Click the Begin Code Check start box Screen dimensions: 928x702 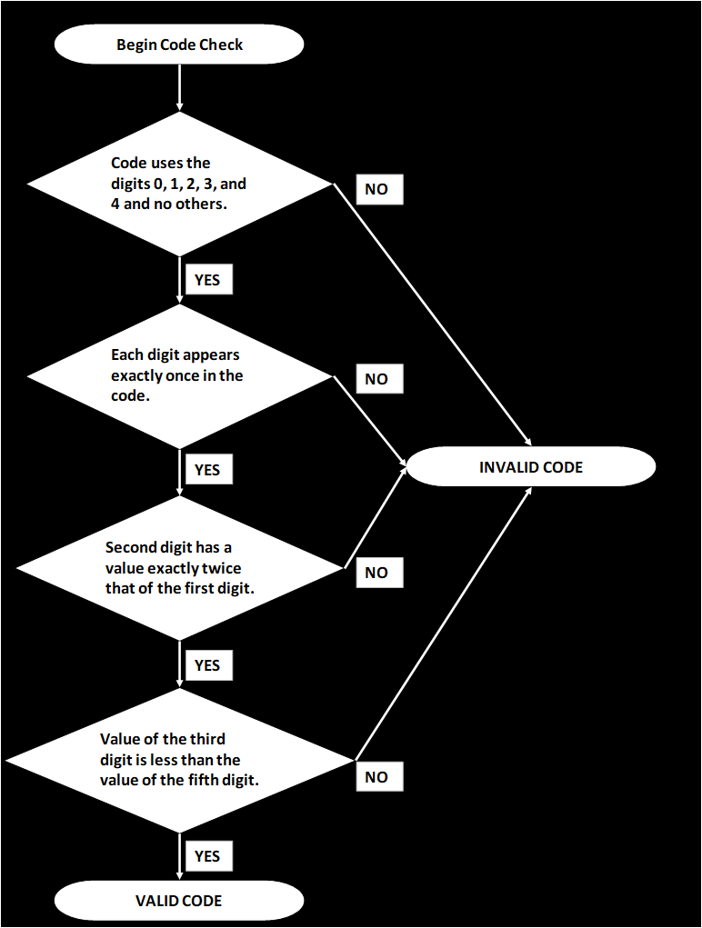[179, 45]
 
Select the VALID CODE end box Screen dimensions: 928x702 [178, 901]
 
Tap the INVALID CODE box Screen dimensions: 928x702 [531, 467]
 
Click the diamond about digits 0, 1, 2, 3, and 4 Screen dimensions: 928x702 [179, 184]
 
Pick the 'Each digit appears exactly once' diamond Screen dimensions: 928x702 [179, 374]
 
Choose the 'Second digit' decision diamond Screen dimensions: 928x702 [179, 568]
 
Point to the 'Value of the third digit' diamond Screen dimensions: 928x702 [179, 759]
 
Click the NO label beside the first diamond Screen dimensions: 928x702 [376, 189]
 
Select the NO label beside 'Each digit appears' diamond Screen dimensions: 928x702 [376, 379]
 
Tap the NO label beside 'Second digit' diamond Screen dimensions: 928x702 [376, 573]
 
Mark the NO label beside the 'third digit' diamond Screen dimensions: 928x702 [376, 777]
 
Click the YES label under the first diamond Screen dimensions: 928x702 [207, 280]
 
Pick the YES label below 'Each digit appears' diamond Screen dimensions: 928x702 [207, 470]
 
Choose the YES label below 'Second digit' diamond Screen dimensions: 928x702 [207, 665]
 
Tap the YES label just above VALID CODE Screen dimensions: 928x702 [207, 856]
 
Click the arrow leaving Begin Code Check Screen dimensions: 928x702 [179, 87]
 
